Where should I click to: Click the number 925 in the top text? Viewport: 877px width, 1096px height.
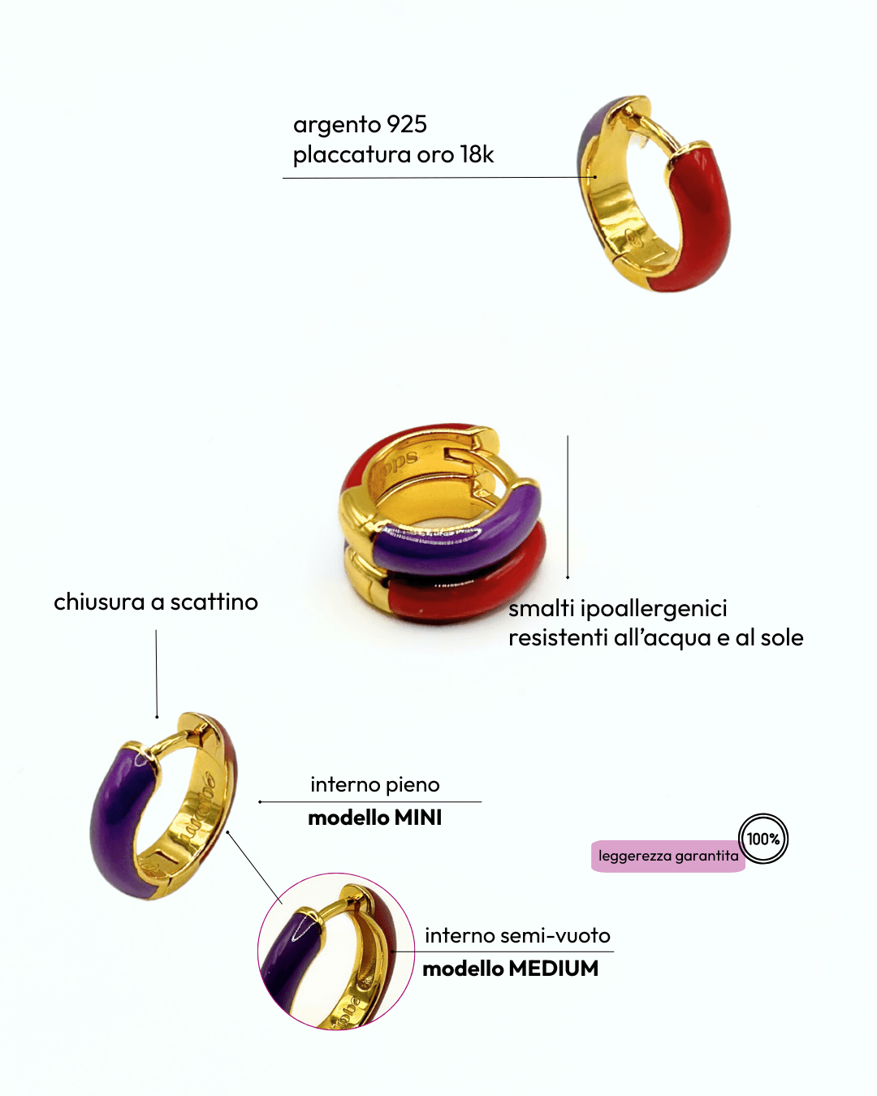[x=406, y=124]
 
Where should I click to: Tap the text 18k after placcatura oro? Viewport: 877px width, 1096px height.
[x=477, y=155]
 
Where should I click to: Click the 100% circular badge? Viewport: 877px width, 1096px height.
[x=763, y=839]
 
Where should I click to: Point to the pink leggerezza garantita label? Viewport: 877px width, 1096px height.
[x=668, y=857]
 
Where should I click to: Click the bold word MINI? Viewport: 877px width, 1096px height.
[x=418, y=818]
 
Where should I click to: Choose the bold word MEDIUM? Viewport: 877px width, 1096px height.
[x=554, y=969]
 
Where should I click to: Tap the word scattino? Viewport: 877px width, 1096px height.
[x=214, y=602]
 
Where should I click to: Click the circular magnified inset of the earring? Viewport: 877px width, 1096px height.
[x=336, y=951]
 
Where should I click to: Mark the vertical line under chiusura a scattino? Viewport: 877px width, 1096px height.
[x=157, y=674]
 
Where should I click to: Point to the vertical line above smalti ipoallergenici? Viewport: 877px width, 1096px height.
[x=568, y=507]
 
